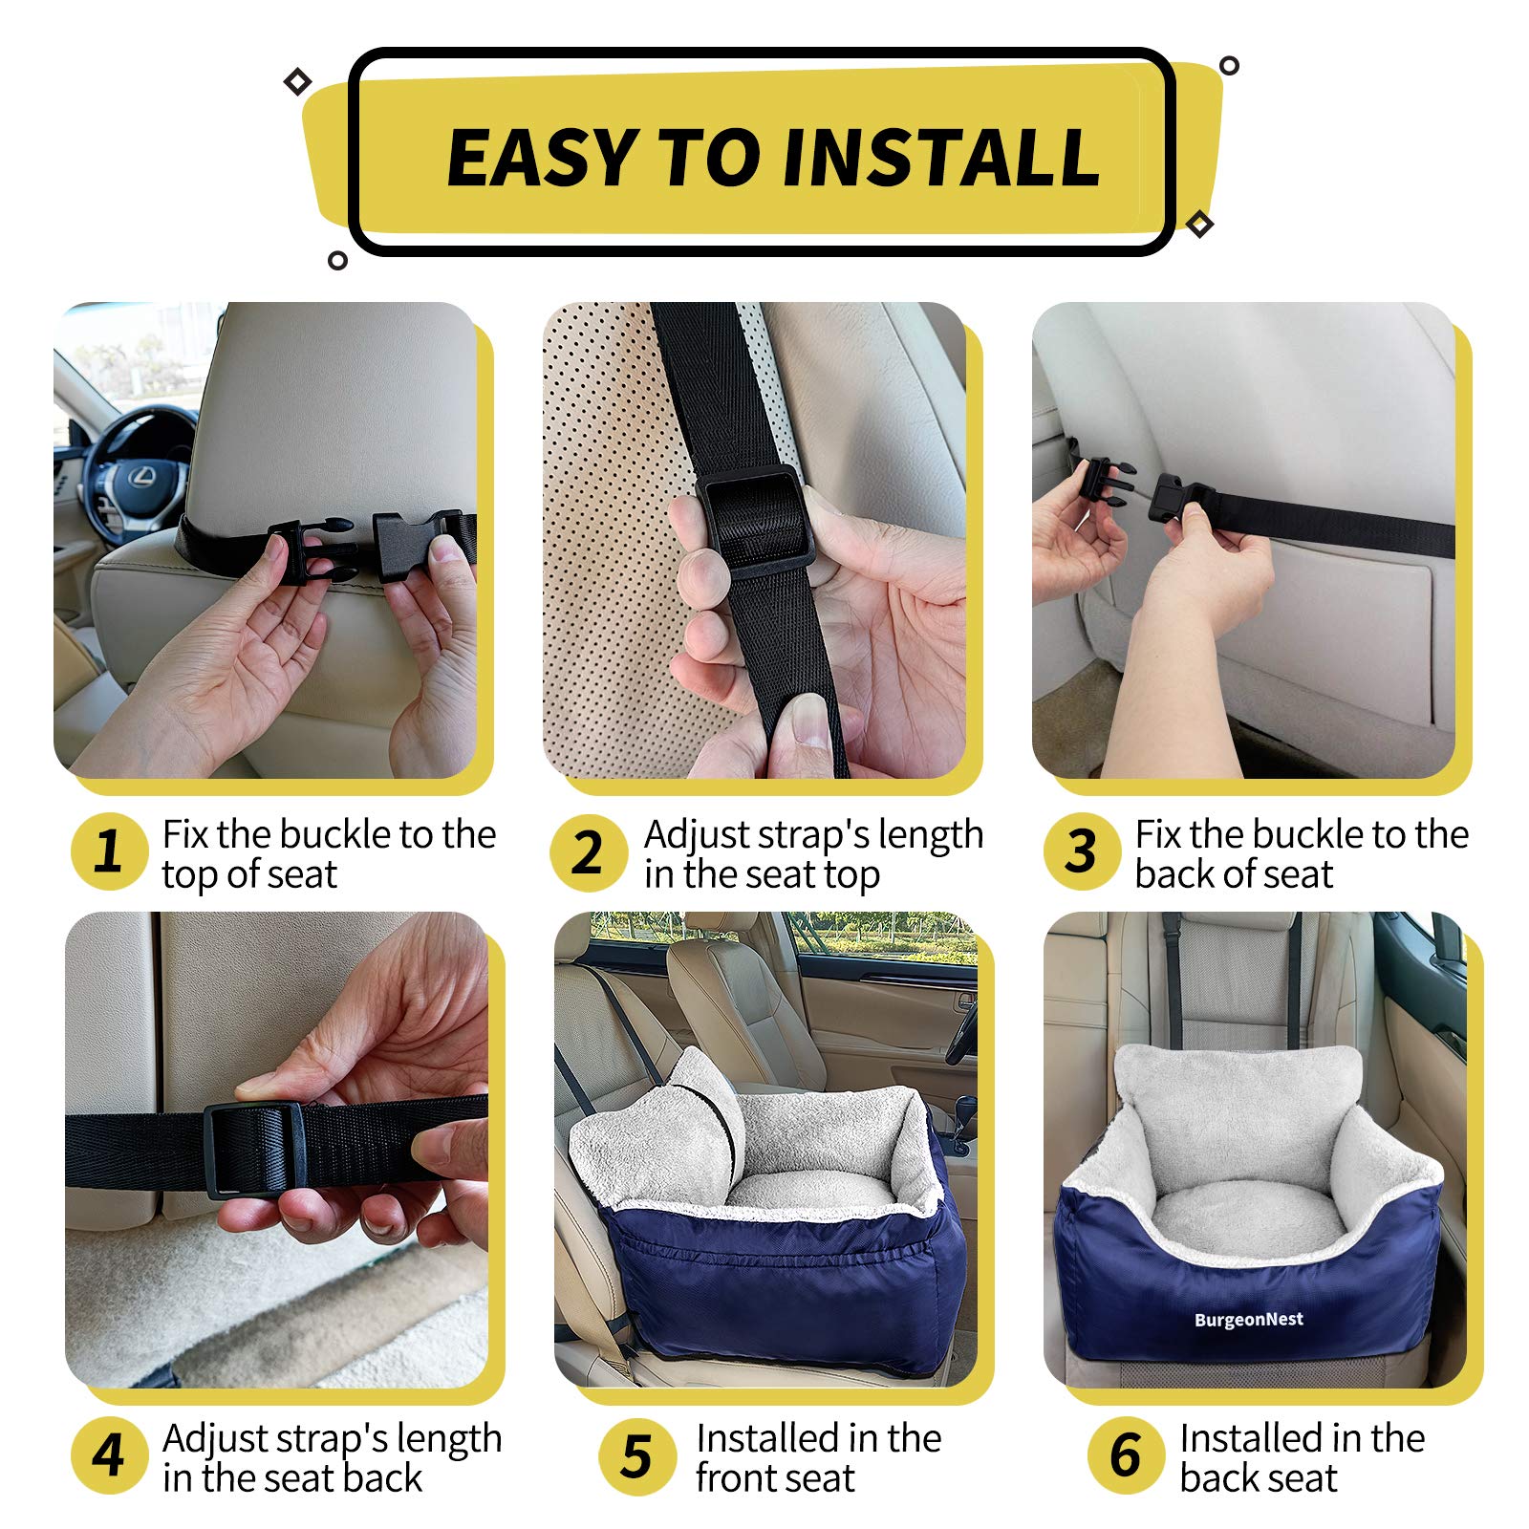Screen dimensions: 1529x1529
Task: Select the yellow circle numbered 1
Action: (x=109, y=851)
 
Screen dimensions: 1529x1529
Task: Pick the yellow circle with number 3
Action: (x=1081, y=851)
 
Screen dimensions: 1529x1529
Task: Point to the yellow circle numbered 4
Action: (x=109, y=1455)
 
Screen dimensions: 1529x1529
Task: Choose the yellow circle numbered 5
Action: (x=636, y=1456)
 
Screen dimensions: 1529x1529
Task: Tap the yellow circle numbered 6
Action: (x=1126, y=1455)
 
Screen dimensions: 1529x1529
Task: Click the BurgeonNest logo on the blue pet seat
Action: (x=1248, y=1320)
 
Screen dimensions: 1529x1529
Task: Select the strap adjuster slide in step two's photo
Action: (x=760, y=521)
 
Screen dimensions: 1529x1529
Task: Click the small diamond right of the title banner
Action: (x=1199, y=224)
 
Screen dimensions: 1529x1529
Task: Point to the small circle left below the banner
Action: (x=337, y=260)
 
